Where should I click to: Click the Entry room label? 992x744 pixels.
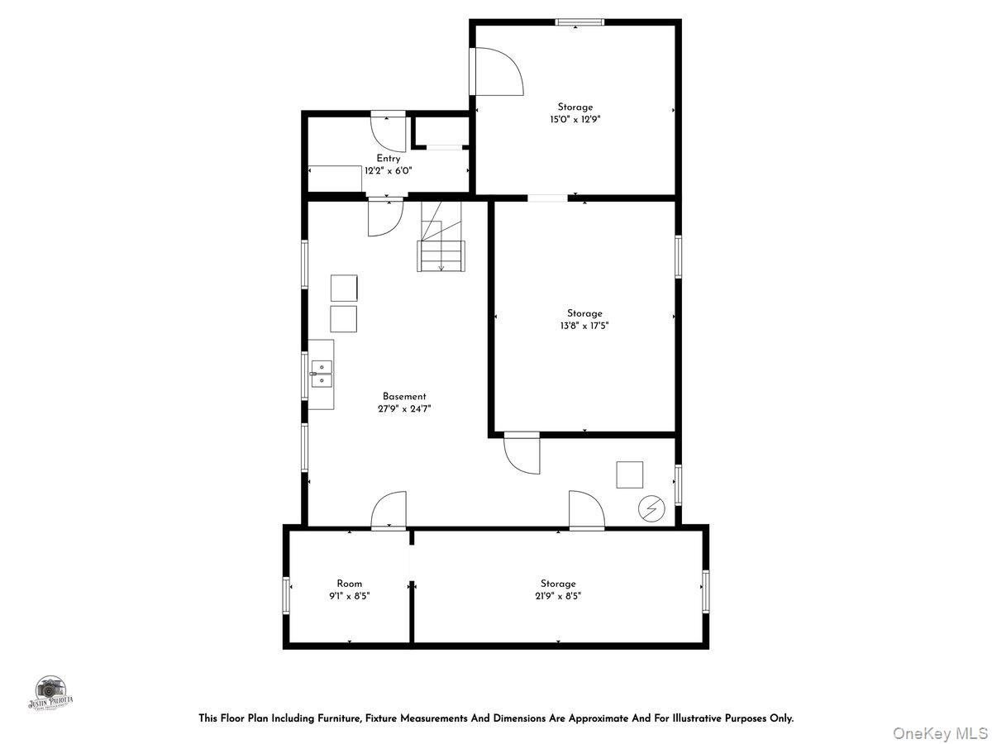389,159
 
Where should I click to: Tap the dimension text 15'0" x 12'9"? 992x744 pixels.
575,119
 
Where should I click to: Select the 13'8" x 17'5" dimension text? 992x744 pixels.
584,326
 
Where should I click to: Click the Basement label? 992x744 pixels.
404,397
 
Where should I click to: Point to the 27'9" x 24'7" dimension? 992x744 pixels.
404,408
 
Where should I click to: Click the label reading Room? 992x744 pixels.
349,584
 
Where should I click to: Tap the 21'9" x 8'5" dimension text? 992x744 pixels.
558,595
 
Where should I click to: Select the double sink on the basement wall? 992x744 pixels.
322,374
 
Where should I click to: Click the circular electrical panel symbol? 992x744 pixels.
650,509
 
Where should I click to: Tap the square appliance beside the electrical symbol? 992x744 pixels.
629,475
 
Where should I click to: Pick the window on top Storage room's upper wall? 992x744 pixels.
579,22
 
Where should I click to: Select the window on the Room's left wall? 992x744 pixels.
286,595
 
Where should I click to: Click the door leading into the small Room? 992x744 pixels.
389,512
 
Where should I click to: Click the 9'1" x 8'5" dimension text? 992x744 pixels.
349,595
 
